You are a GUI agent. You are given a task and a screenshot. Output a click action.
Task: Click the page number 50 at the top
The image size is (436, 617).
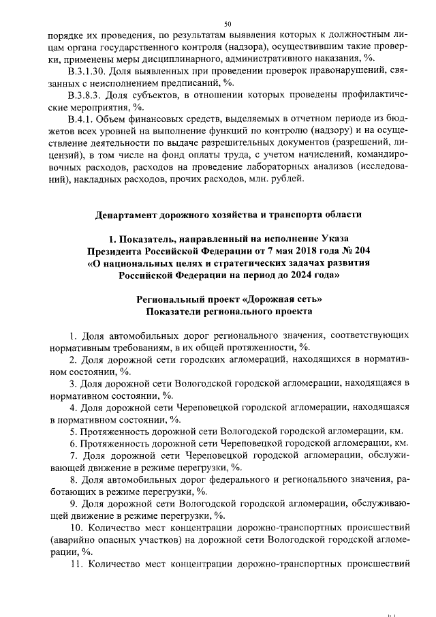pyautogui.click(x=219, y=23)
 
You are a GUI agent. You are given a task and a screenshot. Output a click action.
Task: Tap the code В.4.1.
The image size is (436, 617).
pyautogui.click(x=82, y=121)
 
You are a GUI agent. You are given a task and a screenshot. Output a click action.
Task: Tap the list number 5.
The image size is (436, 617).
pyautogui.click(x=73, y=432)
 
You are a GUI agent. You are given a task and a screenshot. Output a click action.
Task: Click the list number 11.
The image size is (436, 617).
pyautogui.click(x=76, y=565)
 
